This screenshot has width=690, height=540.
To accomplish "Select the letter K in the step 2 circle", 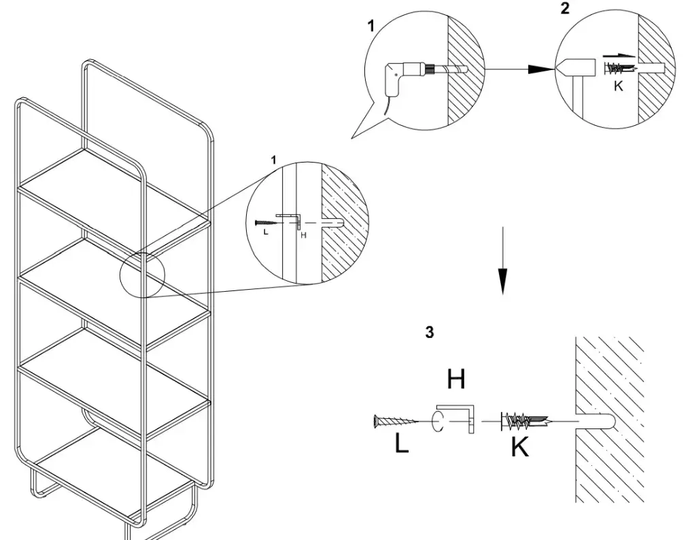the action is click(618, 86).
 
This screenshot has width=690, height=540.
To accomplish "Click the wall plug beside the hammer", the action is click(621, 68).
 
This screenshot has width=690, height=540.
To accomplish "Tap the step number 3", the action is click(430, 333).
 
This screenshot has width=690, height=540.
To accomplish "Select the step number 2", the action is click(565, 8).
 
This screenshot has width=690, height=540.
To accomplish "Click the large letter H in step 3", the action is click(456, 379).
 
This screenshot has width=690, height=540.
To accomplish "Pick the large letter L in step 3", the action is click(401, 443).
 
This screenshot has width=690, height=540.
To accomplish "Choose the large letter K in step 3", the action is click(519, 448).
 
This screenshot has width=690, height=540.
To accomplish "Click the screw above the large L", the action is click(395, 422).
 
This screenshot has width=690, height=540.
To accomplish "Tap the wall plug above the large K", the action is click(525, 422).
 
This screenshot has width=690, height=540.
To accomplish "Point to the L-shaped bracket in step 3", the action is click(453, 420).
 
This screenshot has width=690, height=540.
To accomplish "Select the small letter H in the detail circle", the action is click(303, 235).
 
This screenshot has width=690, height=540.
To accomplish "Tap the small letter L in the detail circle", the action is click(265, 232).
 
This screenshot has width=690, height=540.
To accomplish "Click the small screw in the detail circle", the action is click(265, 223).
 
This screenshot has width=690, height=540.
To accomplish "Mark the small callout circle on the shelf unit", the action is click(142, 275).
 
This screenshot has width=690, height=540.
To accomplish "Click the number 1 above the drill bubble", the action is click(370, 26).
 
